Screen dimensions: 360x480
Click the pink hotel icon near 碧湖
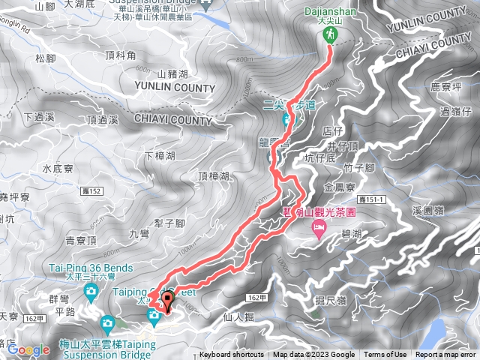(319, 226)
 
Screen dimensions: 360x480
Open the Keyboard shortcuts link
(232, 355)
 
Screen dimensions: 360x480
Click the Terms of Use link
(385, 355)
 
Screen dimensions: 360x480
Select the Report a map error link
(446, 355)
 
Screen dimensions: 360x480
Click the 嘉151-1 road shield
(372, 199)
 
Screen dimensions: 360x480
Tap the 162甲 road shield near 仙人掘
(255, 298)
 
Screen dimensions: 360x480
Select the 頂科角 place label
(121, 55)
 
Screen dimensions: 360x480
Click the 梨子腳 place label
(169, 223)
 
